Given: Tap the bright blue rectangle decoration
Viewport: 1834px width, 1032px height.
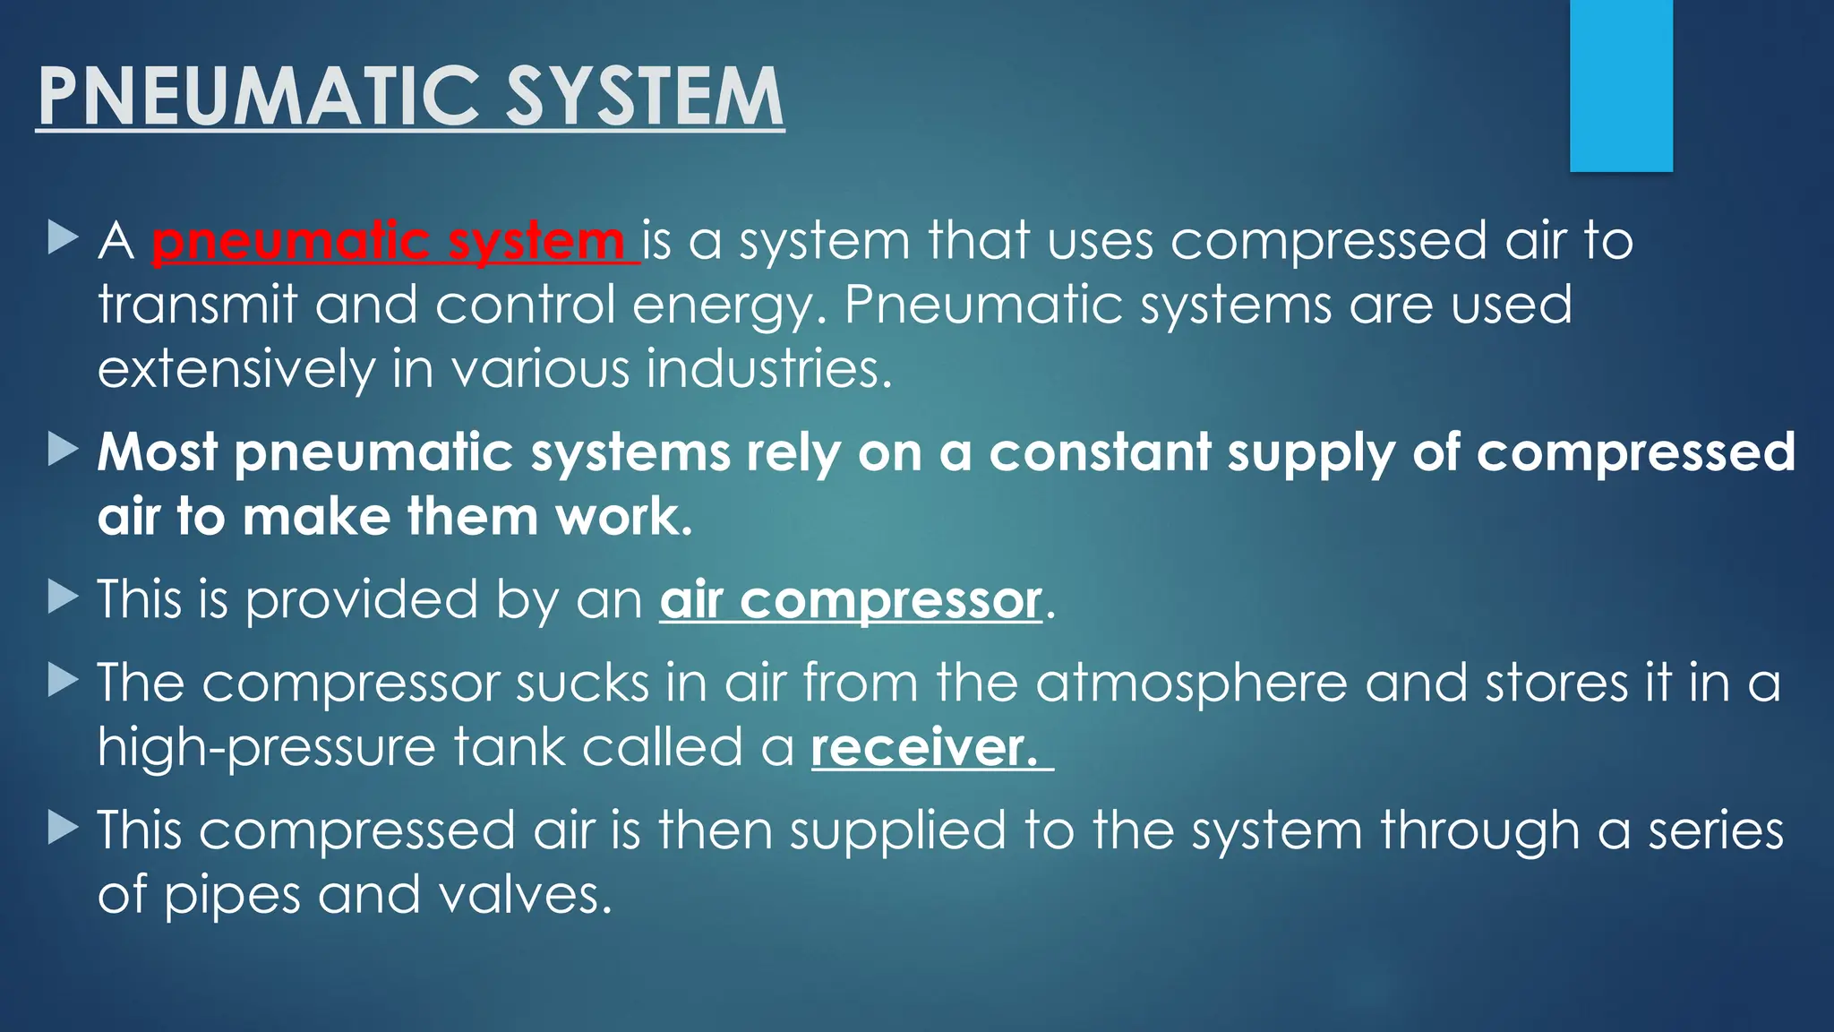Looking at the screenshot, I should tap(1621, 85).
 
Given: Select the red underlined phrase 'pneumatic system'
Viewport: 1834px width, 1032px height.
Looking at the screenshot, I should tap(389, 242).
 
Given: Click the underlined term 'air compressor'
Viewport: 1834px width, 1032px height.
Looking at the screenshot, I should tap(851, 600).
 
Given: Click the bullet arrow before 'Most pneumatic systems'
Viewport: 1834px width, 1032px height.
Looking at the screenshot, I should tap(63, 450).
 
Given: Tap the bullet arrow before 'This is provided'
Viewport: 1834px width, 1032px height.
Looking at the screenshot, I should tap(63, 597).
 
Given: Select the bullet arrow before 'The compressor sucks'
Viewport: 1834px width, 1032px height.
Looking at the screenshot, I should tap(63, 681).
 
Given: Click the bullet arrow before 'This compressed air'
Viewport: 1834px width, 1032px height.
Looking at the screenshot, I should tap(63, 828).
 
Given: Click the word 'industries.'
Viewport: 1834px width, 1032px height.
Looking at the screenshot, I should tap(769, 370).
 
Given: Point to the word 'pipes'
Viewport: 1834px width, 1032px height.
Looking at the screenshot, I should tap(232, 897).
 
